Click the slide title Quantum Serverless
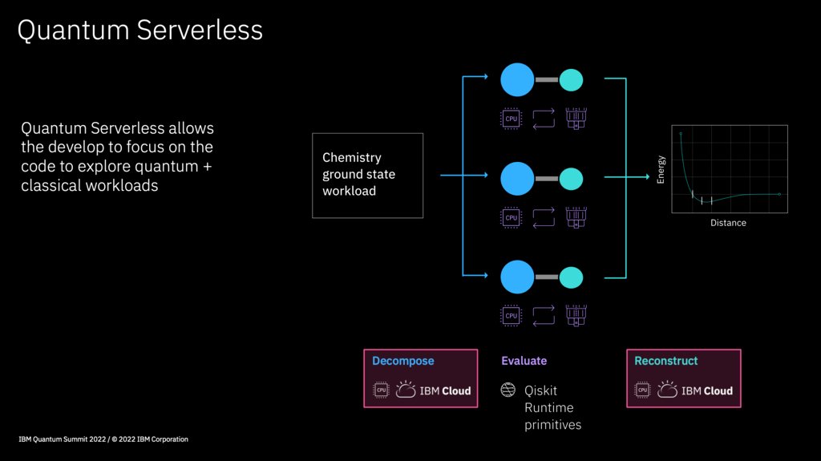[x=140, y=30]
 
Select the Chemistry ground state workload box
[x=367, y=175]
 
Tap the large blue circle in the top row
[x=517, y=79]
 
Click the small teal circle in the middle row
[x=571, y=178]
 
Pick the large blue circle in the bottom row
[x=517, y=277]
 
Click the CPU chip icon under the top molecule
[x=511, y=119]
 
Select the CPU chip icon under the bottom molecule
[x=511, y=316]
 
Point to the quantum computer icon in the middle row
[x=576, y=217]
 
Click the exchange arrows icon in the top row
[x=543, y=119]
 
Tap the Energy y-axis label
[x=661, y=169]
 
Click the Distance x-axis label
[x=728, y=223]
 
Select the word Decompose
[x=402, y=362]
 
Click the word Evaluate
[x=524, y=362]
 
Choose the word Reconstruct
[x=665, y=362]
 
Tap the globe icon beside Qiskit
[x=508, y=390]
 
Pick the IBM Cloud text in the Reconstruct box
[x=706, y=391]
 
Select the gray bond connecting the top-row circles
[x=547, y=79]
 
